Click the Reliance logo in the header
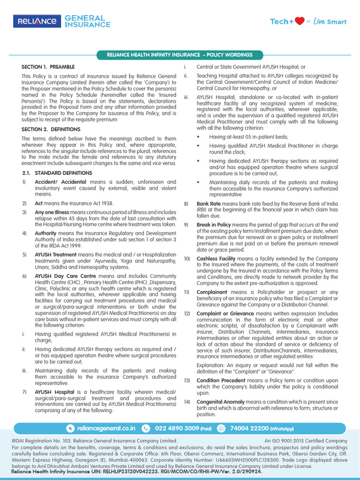click(x=37, y=21)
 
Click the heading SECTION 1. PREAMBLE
click(x=48, y=67)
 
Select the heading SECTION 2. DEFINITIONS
click(x=51, y=129)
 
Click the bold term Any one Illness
click(x=52, y=212)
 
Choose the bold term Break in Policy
click(x=214, y=225)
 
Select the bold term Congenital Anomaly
click(x=220, y=402)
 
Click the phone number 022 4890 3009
click(x=176, y=428)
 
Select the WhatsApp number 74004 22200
click(x=249, y=428)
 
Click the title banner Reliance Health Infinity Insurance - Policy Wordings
click(x=180, y=55)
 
